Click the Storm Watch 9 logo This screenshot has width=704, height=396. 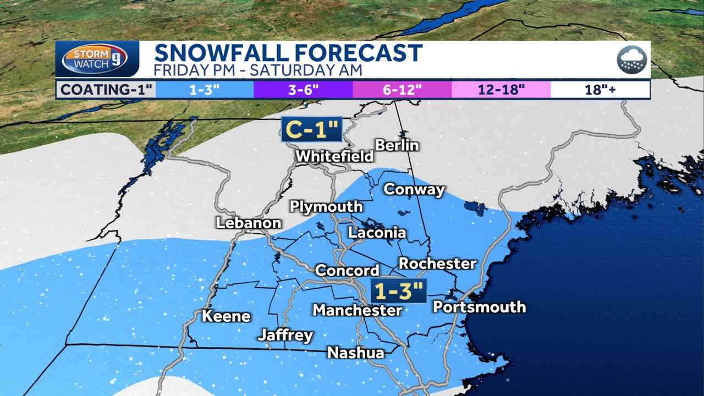pyautogui.click(x=97, y=59)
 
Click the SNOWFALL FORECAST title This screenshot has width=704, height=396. pyautogui.click(x=288, y=53)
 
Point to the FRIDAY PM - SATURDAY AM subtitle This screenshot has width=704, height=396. pyautogui.click(x=258, y=70)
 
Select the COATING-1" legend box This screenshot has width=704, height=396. pyautogui.click(x=106, y=89)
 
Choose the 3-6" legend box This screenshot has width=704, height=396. pyautogui.click(x=303, y=89)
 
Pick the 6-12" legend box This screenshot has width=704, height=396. pyautogui.click(x=402, y=89)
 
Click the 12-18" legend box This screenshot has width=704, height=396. pyautogui.click(x=501, y=89)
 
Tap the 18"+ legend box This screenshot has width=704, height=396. pyautogui.click(x=600, y=89)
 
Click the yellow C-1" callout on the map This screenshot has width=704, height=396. pyautogui.click(x=312, y=129)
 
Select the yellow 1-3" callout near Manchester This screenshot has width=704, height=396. pyautogui.click(x=398, y=290)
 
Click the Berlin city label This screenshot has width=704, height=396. pyautogui.click(x=397, y=145)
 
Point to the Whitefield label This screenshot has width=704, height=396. pyautogui.click(x=334, y=156)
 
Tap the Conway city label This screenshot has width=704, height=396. pyautogui.click(x=414, y=189)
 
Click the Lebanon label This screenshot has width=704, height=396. pyautogui.click(x=249, y=223)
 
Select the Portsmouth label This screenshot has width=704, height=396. pyautogui.click(x=479, y=307)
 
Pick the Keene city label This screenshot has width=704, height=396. pyautogui.click(x=226, y=316)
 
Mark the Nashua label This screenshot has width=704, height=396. pyautogui.click(x=355, y=353)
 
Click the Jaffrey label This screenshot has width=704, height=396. pyautogui.click(x=285, y=335)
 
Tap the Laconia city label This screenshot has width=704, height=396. pyautogui.click(x=377, y=233)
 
